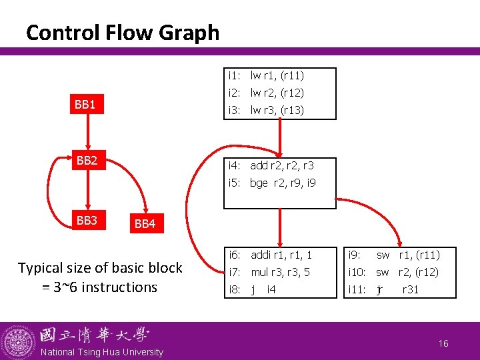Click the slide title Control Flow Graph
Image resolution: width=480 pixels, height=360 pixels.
pos(122,32)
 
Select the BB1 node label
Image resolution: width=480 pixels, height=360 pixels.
pos(85,105)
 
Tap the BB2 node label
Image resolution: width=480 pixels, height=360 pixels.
pos(86,161)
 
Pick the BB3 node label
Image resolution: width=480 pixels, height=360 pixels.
pos(86,221)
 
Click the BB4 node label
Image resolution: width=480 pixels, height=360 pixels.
pos(145,224)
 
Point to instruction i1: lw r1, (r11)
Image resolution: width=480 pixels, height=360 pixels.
pos(266,76)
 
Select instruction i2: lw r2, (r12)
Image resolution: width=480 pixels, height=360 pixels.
pos(266,93)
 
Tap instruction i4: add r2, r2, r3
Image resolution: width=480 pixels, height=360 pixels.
pos(271,165)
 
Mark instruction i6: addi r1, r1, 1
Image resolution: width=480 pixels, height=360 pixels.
pos(270,255)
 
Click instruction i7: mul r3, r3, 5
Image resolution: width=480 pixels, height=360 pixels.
pos(269,272)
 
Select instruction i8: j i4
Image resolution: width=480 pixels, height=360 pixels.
pos(253,289)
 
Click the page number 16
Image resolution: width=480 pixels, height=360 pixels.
pos(443,343)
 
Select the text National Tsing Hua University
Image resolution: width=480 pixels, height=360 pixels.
pos(102,352)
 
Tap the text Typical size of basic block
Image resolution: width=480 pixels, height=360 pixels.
pos(100,268)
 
